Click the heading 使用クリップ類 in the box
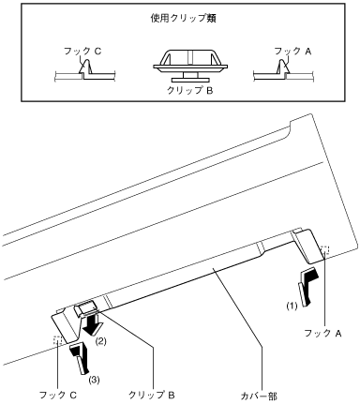[184, 19]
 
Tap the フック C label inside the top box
[82, 51]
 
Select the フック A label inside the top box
[292, 51]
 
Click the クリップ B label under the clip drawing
[189, 90]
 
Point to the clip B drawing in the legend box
[190, 64]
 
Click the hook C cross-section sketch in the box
[85, 70]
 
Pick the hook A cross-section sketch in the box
[283, 70]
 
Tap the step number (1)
[292, 307]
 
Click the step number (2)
[100, 341]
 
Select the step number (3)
[94, 380]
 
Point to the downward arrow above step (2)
[92, 325]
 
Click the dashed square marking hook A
[324, 250]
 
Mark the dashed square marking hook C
[58, 340]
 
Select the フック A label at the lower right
[322, 333]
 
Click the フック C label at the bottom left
[58, 396]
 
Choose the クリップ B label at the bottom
[152, 396]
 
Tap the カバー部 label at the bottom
[259, 396]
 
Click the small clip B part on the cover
[85, 308]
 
